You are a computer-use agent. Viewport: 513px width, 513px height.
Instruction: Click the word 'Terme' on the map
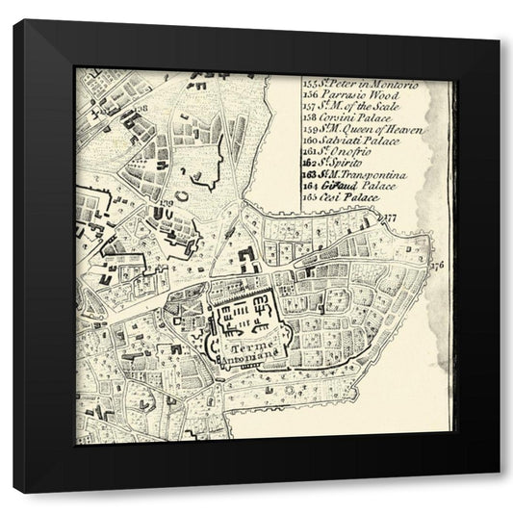248,343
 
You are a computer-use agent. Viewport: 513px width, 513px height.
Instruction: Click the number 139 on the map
167,201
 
